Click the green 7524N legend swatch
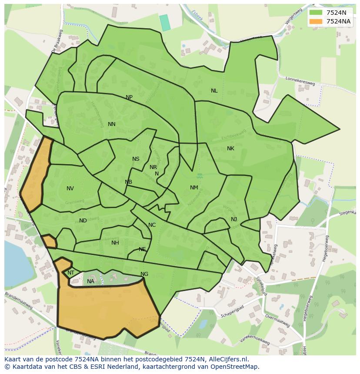click(x=316, y=13)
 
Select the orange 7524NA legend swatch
click(x=316, y=21)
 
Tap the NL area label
click(x=214, y=91)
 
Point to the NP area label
click(x=129, y=97)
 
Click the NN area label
click(x=112, y=124)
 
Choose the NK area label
click(x=230, y=149)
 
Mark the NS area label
click(x=136, y=159)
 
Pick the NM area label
click(x=194, y=188)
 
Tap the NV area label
click(x=70, y=189)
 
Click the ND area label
click(x=83, y=221)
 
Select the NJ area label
click(x=234, y=219)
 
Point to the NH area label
click(x=115, y=243)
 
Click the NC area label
click(x=152, y=225)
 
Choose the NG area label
click(x=144, y=274)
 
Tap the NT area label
click(x=71, y=273)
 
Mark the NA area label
click(x=90, y=281)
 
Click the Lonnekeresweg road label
click(x=300, y=81)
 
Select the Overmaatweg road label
click(x=277, y=321)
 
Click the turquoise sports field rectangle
click(x=165, y=23)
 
